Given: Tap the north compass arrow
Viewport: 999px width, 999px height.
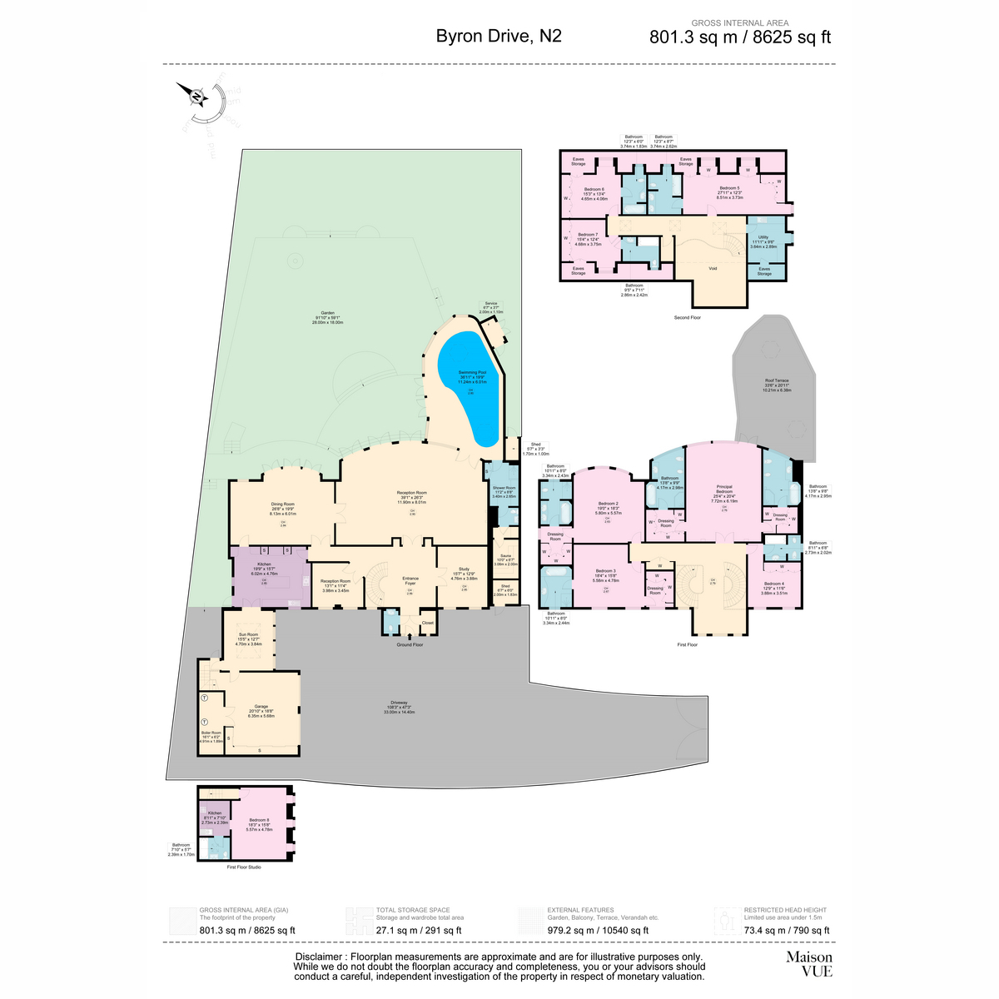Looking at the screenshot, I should [x=198, y=97].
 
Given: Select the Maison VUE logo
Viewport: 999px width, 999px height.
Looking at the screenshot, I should [x=808, y=964].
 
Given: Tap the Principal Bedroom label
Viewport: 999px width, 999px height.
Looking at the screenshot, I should [x=724, y=489].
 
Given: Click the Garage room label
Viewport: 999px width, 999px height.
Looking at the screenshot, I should [x=261, y=706].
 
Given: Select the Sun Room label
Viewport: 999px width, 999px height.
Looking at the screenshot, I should [x=248, y=639].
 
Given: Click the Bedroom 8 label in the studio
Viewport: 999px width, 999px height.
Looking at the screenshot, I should [x=260, y=823].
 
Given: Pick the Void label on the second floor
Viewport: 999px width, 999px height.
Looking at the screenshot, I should [x=713, y=269].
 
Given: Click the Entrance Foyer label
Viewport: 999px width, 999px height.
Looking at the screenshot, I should [x=410, y=578].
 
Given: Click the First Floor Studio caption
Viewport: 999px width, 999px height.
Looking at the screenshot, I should [x=244, y=867].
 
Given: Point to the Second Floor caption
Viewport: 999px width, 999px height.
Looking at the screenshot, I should [x=688, y=317].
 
